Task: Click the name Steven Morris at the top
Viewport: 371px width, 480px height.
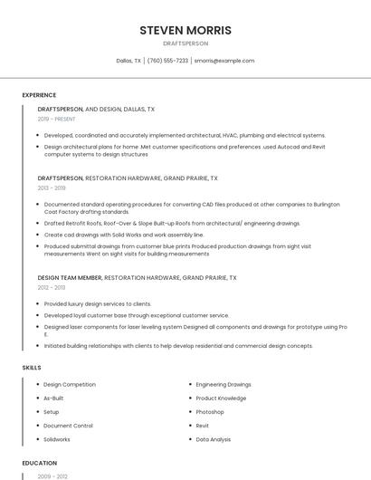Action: [185, 30]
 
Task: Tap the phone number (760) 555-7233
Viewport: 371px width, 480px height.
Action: [167, 61]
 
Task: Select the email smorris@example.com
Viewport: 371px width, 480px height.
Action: [224, 61]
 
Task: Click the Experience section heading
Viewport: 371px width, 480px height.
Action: [39, 95]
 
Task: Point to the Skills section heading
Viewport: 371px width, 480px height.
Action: [32, 368]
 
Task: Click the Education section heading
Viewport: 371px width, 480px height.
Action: [39, 463]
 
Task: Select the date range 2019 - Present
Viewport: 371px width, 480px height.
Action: [57, 119]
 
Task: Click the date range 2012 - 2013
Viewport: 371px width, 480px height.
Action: [52, 287]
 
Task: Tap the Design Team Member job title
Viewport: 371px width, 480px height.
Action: [70, 277]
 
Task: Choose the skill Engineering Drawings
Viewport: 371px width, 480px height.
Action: [224, 384]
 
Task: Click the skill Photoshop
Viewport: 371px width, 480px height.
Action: [210, 411]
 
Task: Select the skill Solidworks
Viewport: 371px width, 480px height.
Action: [57, 439]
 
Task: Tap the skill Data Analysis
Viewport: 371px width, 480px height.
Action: [214, 439]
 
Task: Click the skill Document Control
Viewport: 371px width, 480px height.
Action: [68, 426]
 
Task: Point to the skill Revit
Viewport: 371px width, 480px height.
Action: [203, 426]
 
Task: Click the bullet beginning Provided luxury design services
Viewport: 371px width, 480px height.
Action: [98, 303]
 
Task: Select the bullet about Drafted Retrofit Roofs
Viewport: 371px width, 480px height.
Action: [172, 223]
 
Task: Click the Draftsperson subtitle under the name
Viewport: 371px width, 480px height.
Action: [185, 43]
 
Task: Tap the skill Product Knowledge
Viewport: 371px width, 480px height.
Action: [221, 398]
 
